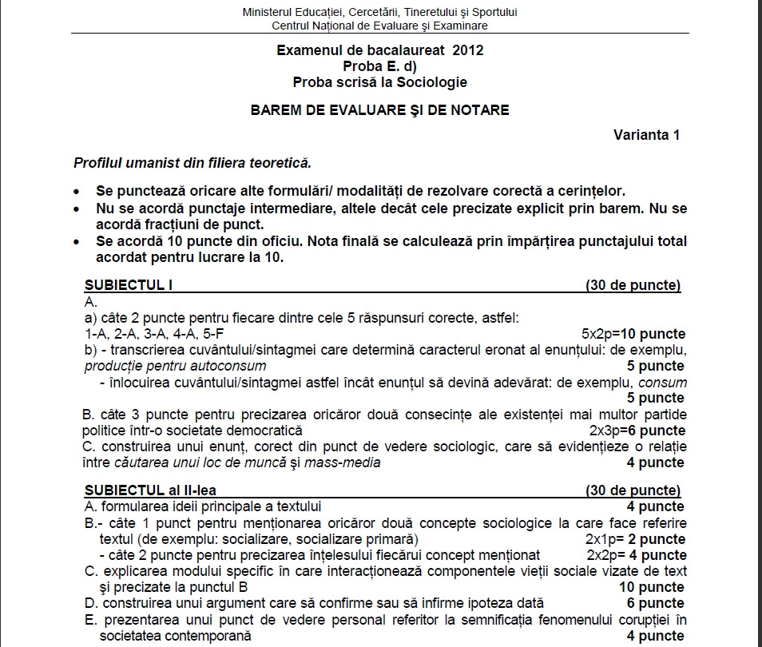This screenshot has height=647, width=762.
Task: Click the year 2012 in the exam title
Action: [x=467, y=50]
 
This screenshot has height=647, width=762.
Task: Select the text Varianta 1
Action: [x=646, y=135]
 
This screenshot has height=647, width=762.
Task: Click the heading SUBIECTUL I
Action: [x=129, y=285]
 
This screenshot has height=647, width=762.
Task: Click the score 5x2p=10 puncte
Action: [x=633, y=334]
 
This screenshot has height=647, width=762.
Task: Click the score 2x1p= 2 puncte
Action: [x=635, y=539]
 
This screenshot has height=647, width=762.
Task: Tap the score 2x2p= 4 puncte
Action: [x=636, y=555]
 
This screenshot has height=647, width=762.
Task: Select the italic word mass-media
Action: [x=347, y=462]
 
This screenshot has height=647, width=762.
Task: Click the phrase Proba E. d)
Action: [x=380, y=65]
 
